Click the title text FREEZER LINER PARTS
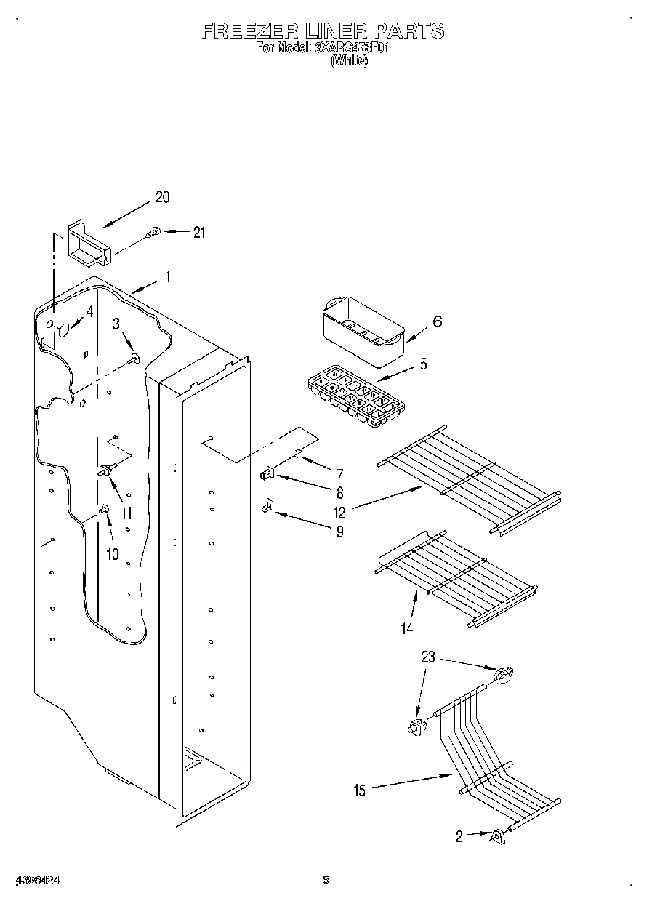tap(322, 31)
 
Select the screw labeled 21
tap(153, 233)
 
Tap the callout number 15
tap(360, 790)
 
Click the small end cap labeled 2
tap(498, 837)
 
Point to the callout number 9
tap(339, 532)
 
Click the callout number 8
tap(339, 492)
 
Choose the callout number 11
tap(126, 513)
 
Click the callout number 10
tap(112, 554)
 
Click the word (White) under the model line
tap(349, 62)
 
